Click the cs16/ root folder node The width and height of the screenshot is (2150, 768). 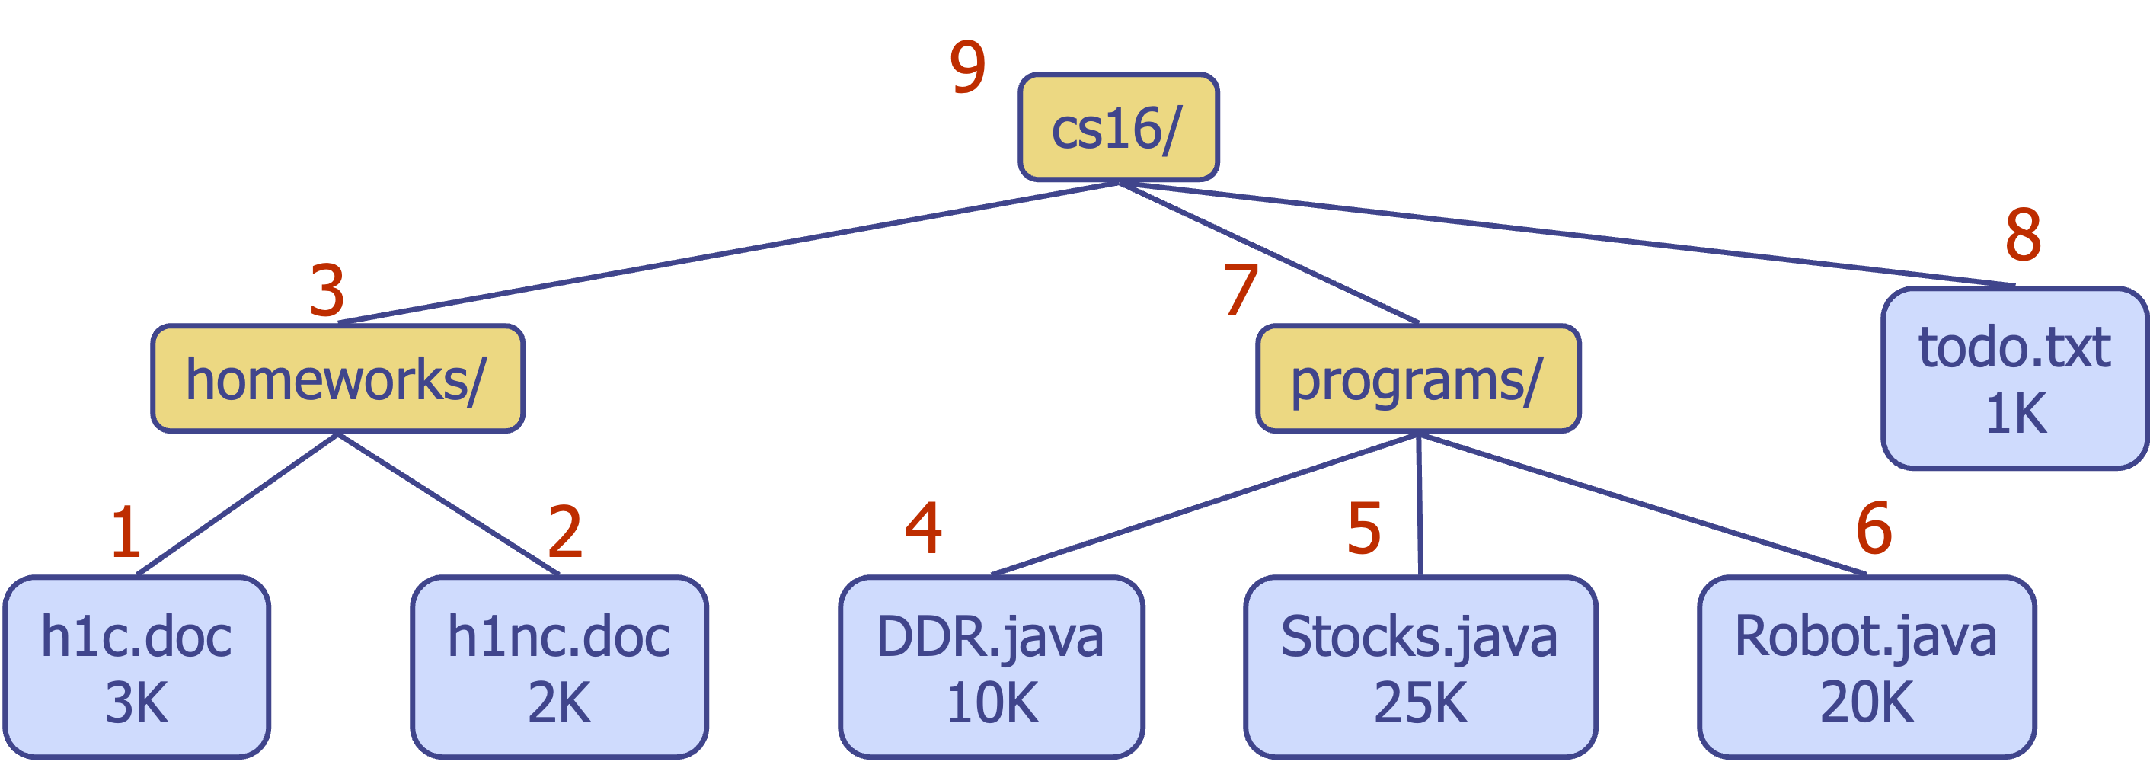coord(1118,128)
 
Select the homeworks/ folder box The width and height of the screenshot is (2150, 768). coord(337,379)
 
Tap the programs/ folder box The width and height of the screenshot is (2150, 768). coord(1418,379)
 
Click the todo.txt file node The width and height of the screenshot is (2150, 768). coord(2014,378)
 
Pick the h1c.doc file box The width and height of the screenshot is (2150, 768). coord(137,666)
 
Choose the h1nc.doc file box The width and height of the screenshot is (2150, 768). coord(559,666)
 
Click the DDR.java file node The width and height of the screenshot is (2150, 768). coord(991,666)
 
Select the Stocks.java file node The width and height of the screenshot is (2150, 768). coord(1420,666)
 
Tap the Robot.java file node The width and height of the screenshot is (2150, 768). coord(1866,666)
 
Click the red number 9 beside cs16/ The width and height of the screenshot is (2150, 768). coord(967,67)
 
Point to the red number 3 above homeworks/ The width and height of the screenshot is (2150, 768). coord(327,290)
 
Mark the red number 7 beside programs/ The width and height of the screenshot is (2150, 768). coord(1241,290)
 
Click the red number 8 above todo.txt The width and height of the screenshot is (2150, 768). coord(2023,235)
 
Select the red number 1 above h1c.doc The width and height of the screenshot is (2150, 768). coord(126,531)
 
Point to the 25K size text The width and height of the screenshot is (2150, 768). coord(1420,702)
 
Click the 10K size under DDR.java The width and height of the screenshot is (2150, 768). coord(992,702)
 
